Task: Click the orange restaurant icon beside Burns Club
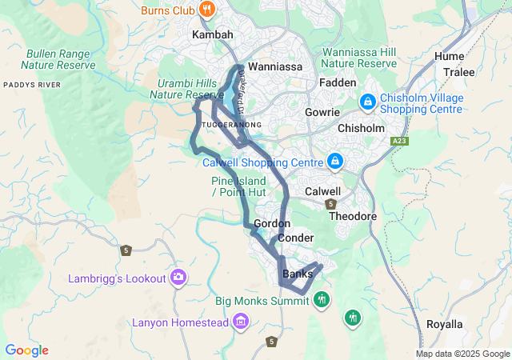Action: [207, 10]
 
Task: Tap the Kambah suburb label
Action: [213, 35]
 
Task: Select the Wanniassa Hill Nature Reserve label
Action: [359, 58]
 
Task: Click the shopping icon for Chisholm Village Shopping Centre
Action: [368, 102]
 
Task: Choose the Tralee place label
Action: [459, 72]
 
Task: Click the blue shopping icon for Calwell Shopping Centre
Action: [335, 162]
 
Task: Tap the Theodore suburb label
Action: [352, 216]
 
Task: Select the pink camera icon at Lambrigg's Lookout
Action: [178, 278]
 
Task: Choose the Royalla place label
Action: [444, 324]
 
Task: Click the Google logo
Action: [26, 350]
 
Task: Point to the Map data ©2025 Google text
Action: [462, 354]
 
